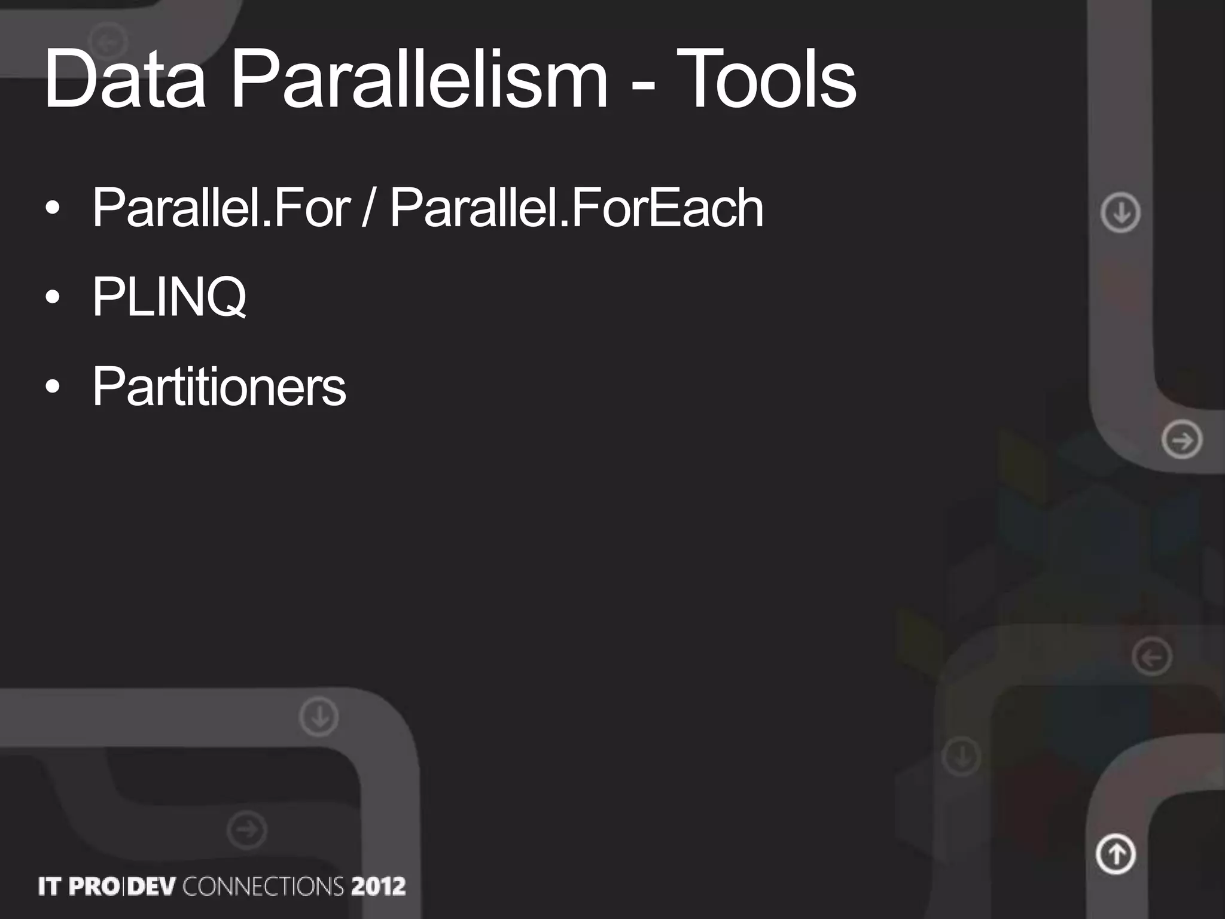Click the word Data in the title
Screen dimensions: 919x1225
click(x=124, y=79)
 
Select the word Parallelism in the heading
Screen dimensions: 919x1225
click(x=419, y=79)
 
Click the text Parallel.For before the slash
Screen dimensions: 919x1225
click(x=221, y=208)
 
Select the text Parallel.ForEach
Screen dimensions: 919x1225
click(x=577, y=208)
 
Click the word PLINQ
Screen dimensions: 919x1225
click(x=169, y=297)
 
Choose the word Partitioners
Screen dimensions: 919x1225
click(x=219, y=387)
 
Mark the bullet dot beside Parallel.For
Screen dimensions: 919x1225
click(x=53, y=209)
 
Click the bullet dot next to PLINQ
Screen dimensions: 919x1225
click(x=53, y=297)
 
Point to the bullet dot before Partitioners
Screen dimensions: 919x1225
click(x=53, y=387)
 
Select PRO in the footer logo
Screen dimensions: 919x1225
click(x=93, y=887)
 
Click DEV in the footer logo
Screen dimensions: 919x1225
click(x=152, y=887)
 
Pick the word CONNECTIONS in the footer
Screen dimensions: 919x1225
click(x=263, y=887)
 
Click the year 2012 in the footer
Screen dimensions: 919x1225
click(x=379, y=887)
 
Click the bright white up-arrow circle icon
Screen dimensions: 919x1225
click(x=1116, y=854)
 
